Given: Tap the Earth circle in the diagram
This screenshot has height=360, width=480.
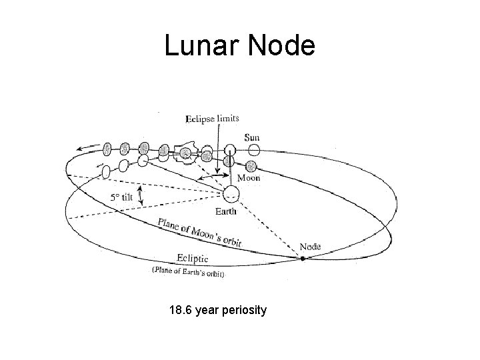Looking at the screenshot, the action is [x=231, y=195].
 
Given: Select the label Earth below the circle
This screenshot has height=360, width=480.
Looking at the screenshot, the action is [x=225, y=211].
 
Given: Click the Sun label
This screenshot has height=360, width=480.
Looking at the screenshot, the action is [x=251, y=137].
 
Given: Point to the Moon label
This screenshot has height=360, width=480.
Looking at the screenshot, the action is [x=249, y=178].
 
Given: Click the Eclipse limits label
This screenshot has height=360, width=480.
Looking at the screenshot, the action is [x=211, y=119].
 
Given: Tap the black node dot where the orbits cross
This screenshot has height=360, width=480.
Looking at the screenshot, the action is [x=303, y=257].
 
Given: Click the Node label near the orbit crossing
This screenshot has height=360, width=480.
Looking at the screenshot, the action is [x=309, y=247].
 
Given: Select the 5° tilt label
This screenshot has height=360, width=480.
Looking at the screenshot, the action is [x=122, y=197].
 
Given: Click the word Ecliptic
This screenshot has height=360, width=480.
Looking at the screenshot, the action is [x=193, y=259].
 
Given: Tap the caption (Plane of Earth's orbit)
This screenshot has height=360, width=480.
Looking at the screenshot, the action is [x=188, y=273].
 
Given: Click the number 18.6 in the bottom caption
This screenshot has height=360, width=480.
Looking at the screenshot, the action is [x=181, y=310].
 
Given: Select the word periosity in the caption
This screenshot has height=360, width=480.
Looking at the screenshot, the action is [x=244, y=310].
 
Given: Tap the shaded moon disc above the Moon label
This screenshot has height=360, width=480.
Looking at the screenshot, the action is [x=251, y=165].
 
